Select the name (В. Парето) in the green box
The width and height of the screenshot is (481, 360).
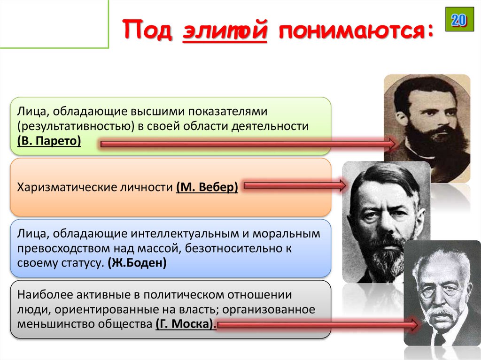(x=49, y=141)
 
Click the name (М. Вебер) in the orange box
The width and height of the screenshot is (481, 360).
(x=207, y=187)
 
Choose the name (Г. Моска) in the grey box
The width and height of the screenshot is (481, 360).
(x=184, y=324)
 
